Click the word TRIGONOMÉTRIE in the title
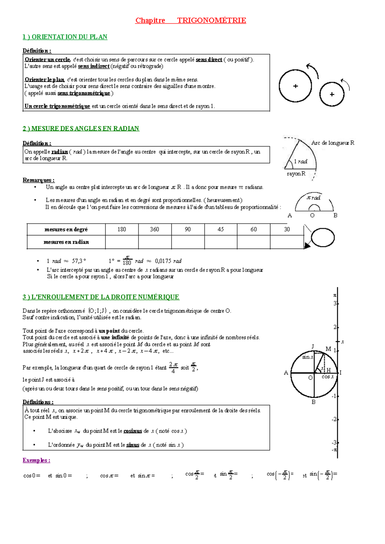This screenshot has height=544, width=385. tap(211, 21)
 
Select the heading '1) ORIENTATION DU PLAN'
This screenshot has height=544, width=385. tap(65, 37)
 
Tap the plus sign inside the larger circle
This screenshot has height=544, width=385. tap(295, 86)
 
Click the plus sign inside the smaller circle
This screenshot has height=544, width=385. tap(332, 94)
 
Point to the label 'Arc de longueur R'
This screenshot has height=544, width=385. tap(333, 143)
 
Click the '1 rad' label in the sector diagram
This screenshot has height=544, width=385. tap(301, 161)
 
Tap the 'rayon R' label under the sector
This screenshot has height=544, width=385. tap(296, 174)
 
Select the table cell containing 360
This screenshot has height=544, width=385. tap(155, 229)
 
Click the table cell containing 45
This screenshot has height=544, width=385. tap(221, 229)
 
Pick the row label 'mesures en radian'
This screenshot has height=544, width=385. tap(66, 242)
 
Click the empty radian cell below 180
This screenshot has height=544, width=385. tap(122, 242)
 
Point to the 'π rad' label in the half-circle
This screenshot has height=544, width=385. tap(313, 198)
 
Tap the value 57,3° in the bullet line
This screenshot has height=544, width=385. tap(79, 261)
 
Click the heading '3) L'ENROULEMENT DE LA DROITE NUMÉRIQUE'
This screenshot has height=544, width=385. tap(101, 297)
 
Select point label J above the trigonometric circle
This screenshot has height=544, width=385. tap(313, 346)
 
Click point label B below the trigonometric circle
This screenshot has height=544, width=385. tap(313, 402)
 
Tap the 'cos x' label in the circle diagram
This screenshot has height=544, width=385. tap(328, 377)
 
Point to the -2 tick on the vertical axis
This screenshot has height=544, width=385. tap(334, 419)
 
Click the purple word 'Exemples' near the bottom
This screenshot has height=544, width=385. tap(36, 460)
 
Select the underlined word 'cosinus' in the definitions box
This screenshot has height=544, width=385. tap(133, 431)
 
